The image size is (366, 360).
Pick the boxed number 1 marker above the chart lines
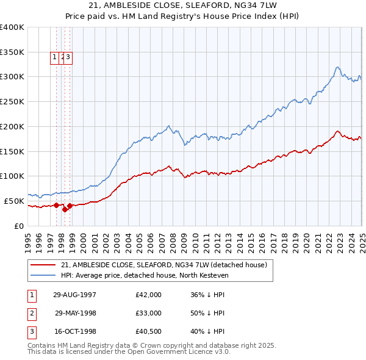(54, 57)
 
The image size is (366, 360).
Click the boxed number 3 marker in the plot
(68, 57)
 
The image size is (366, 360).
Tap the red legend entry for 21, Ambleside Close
(163, 265)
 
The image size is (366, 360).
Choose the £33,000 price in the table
(149, 313)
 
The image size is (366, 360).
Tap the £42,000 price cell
(149, 295)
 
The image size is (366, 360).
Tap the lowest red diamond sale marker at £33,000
(65, 209)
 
